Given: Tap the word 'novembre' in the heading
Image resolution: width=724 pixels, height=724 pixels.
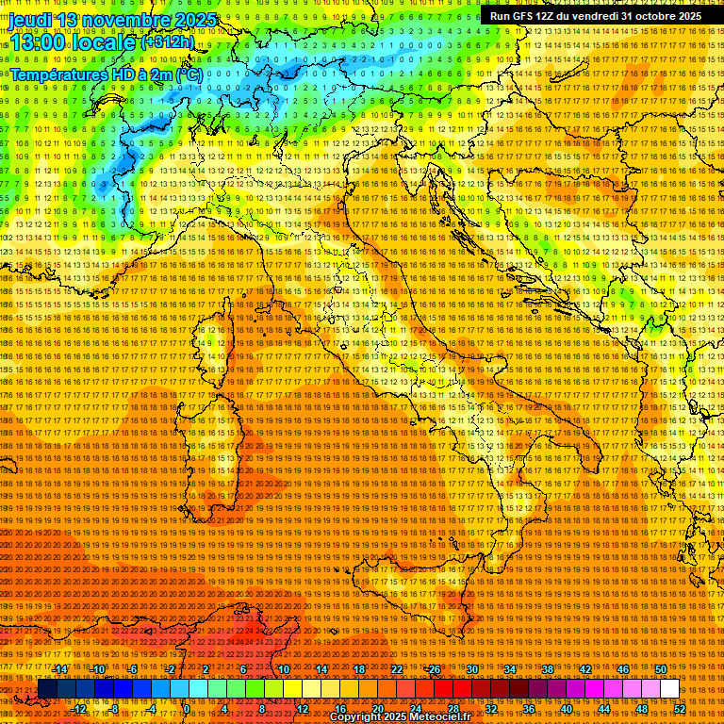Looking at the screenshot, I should pos(126,20).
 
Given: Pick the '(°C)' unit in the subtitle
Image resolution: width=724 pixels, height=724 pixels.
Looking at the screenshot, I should pos(189,74).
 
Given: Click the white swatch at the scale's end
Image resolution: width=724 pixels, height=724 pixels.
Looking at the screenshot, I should pos(669,689).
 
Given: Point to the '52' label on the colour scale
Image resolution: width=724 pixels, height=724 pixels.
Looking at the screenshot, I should pos(679,708).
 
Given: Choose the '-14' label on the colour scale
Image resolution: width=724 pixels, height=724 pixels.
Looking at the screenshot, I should pos(60,669).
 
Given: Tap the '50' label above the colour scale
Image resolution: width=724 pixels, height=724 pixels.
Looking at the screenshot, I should pos(661,669).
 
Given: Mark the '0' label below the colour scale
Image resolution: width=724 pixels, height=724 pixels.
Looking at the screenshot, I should pos(187,708).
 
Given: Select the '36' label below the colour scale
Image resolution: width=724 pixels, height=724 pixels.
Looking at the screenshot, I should pos(529,708).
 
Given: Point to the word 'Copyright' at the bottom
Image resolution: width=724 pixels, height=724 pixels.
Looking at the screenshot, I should pos(355,717).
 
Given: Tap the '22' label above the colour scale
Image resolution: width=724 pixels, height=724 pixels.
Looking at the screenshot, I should pos(397,669).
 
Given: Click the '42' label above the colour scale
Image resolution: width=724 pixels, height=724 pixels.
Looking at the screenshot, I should pos(585,669).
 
